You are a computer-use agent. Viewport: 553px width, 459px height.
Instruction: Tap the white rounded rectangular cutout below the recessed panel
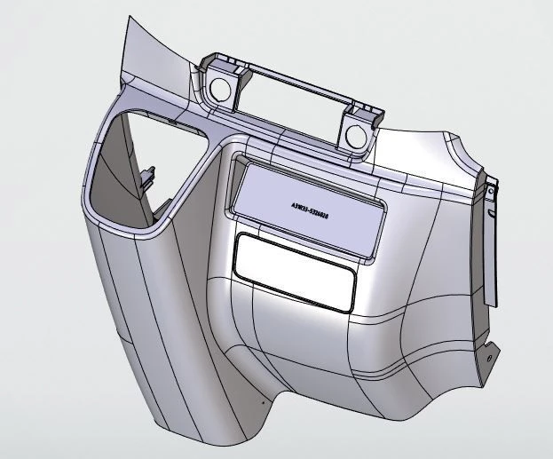(292, 271)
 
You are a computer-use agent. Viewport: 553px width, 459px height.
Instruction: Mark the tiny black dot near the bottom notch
(263, 400)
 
